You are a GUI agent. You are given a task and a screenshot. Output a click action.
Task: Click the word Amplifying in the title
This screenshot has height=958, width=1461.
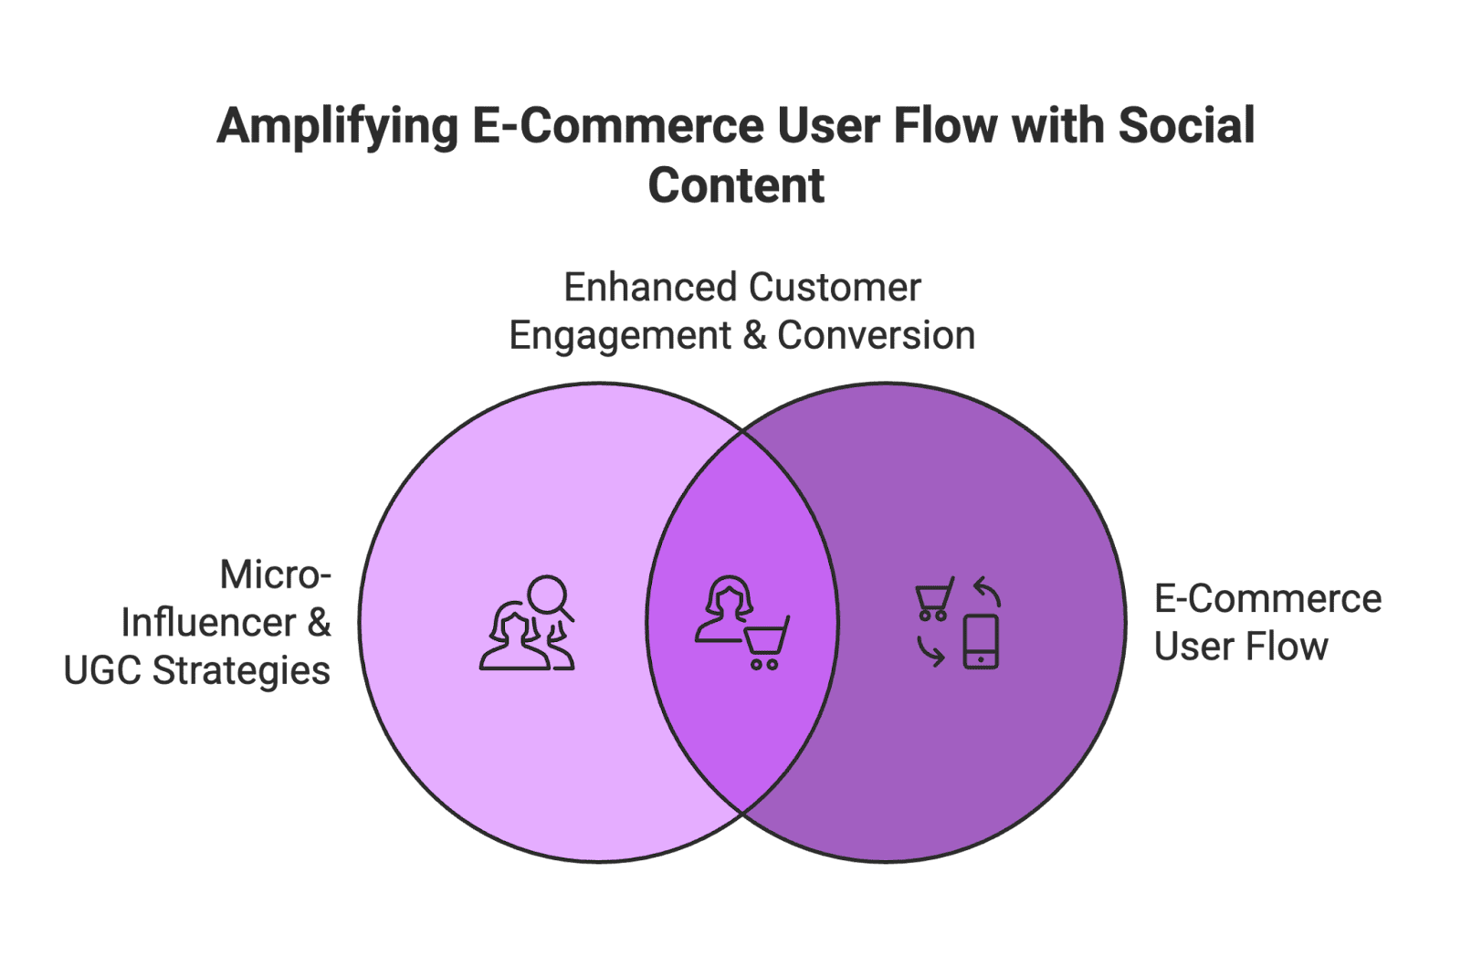pyautogui.click(x=337, y=128)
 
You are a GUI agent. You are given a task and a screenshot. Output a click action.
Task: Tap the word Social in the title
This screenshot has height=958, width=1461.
pyautogui.click(x=1186, y=126)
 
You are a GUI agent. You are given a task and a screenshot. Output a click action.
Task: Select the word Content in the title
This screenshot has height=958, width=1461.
pyautogui.click(x=736, y=186)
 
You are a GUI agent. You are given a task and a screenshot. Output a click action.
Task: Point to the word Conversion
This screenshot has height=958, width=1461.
pyautogui.click(x=876, y=335)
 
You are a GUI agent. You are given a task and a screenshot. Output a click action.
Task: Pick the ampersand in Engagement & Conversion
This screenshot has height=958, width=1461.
pyautogui.click(x=754, y=335)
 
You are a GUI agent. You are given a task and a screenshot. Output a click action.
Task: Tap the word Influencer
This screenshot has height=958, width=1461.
pyautogui.click(x=209, y=623)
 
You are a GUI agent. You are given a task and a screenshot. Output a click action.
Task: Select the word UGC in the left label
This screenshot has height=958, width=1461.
pyautogui.click(x=102, y=670)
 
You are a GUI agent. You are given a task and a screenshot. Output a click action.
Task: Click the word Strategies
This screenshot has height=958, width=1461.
pyautogui.click(x=241, y=670)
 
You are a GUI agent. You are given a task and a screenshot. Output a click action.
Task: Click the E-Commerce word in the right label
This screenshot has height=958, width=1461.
pyautogui.click(x=1267, y=599)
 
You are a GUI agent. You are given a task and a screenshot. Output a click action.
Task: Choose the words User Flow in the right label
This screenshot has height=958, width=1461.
pyautogui.click(x=1240, y=647)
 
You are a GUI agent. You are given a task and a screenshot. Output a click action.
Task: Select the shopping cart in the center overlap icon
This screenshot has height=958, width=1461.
pyautogui.click(x=765, y=643)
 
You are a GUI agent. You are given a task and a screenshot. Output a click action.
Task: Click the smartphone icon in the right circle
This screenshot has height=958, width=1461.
pyautogui.click(x=981, y=642)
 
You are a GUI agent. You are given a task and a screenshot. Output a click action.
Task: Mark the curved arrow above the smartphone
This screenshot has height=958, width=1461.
pyautogui.click(x=987, y=591)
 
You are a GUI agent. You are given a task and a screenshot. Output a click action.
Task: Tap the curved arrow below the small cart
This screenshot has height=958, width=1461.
pyautogui.click(x=930, y=651)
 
